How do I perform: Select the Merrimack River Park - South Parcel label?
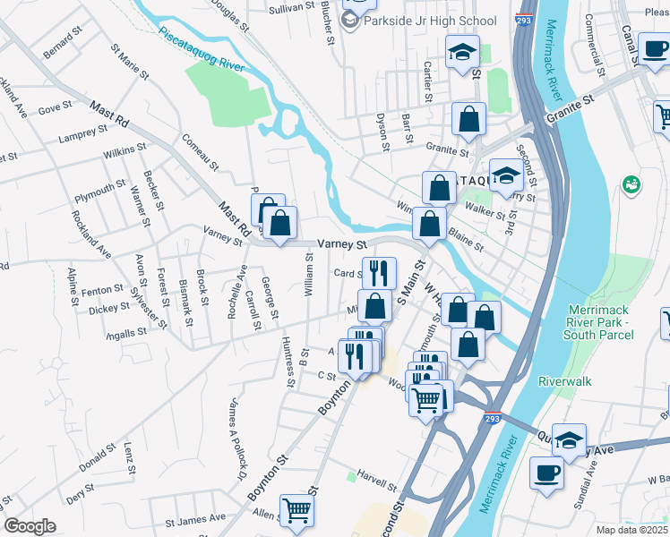(599, 323)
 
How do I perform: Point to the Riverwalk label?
(565, 380)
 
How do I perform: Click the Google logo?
(30, 526)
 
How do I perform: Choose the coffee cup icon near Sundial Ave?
(546, 473)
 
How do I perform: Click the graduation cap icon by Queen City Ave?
(568, 440)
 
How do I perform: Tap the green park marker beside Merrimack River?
(632, 185)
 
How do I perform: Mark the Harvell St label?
(376, 476)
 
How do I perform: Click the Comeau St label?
(200, 152)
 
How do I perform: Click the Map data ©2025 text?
(632, 530)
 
